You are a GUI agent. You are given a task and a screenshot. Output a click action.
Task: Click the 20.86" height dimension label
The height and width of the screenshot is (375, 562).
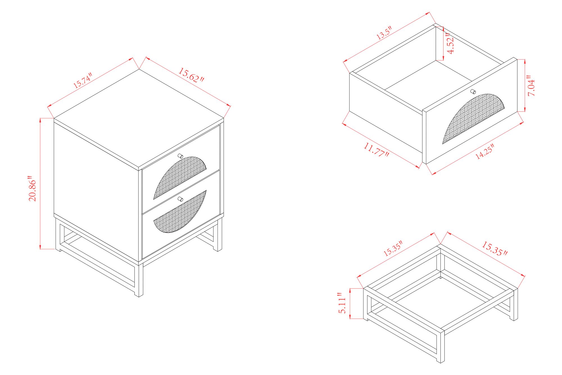click(x=33, y=188)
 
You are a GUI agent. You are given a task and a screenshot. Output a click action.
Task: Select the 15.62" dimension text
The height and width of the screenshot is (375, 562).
click(x=191, y=75)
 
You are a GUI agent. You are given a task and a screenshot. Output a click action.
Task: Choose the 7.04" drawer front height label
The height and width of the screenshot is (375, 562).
click(x=531, y=86)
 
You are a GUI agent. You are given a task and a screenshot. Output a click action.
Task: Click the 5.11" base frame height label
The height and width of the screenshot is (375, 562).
click(x=342, y=303)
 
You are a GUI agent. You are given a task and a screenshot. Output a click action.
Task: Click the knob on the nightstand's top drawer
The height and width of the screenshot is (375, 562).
click(x=180, y=156)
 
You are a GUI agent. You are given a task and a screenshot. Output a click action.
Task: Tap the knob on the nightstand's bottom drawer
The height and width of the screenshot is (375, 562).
click(x=180, y=199)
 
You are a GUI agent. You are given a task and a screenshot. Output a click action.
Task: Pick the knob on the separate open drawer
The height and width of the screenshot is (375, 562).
click(x=473, y=92)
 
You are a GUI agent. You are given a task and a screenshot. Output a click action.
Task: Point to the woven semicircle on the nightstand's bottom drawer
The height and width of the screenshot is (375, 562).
click(x=180, y=212)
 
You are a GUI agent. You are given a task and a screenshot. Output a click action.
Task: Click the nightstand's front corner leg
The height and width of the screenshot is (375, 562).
click(x=139, y=280)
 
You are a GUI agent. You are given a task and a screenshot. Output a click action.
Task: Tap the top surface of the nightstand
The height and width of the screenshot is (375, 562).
click(x=139, y=118)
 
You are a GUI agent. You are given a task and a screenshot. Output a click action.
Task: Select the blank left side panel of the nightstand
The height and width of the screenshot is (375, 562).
click(x=96, y=191)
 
